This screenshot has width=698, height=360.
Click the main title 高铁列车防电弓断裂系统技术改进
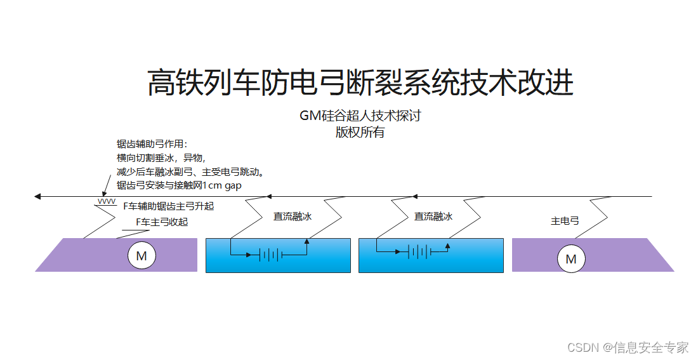[360, 83]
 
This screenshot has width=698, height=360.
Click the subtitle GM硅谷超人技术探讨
[360, 116]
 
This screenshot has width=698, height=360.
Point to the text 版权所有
[360, 132]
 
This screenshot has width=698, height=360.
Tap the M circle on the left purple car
[142, 257]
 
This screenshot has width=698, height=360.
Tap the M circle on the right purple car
[570, 259]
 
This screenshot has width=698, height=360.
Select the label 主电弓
[565, 221]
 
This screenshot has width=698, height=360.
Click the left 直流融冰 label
[292, 217]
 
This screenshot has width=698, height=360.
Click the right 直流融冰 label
[433, 217]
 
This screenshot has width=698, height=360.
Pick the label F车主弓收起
[162, 222]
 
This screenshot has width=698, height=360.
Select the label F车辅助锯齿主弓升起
[168, 206]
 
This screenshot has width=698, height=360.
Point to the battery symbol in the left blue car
[270, 255]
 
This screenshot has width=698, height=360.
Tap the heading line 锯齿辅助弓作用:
[152, 145]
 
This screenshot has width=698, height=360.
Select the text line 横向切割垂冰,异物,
[161, 158]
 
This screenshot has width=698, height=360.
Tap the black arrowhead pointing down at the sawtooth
[104, 194]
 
